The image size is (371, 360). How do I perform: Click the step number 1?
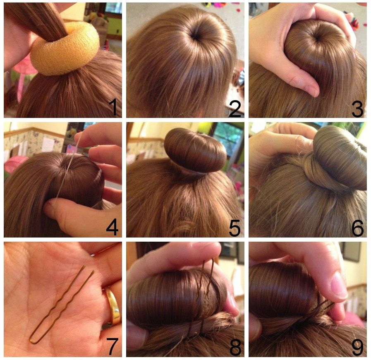tap(114, 107)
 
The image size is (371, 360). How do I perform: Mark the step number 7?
tap(112, 347)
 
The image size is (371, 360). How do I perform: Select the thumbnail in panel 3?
tap(311, 89)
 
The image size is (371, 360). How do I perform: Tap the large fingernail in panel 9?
tap(339, 285)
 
